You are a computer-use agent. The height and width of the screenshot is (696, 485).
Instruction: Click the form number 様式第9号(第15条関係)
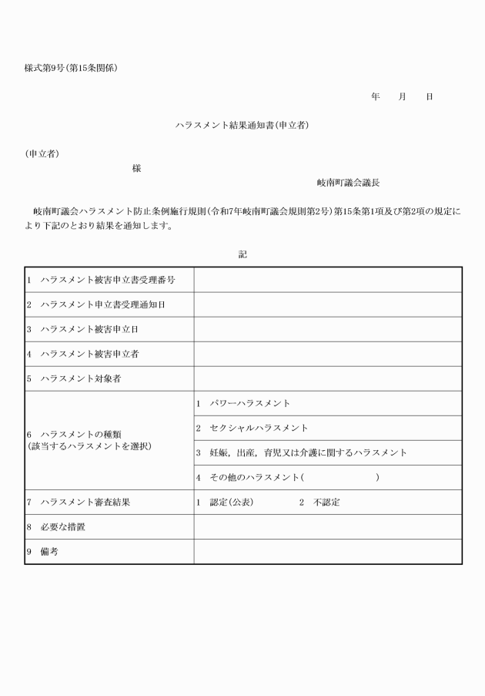tap(71, 68)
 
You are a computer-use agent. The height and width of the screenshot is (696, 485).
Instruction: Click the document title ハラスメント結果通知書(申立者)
tap(242, 124)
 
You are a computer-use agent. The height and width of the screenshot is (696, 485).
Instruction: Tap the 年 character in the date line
tap(376, 96)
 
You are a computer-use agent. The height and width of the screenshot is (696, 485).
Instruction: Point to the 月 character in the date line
tap(402, 96)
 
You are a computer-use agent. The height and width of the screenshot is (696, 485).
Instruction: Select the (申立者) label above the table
tap(42, 153)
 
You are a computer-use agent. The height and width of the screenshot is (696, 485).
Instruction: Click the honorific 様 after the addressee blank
tap(136, 168)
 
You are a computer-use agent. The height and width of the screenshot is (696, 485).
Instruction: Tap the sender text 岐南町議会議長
tap(348, 183)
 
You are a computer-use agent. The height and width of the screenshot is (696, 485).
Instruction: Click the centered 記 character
tap(242, 254)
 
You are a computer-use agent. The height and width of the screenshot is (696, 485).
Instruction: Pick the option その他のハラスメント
tap(253, 477)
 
